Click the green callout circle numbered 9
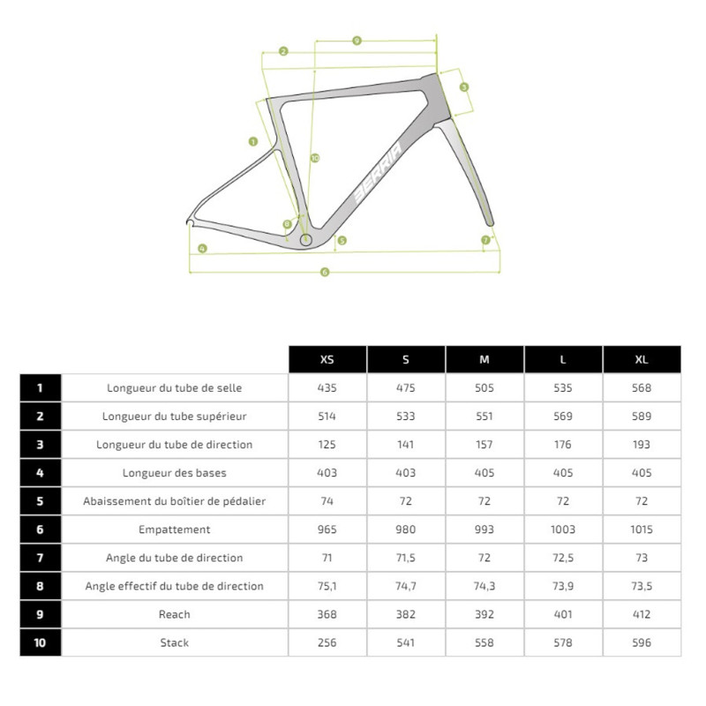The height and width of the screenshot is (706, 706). pyautogui.click(x=357, y=41)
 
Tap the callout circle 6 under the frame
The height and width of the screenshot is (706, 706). pyautogui.click(x=325, y=272)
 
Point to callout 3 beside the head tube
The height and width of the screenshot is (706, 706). pyautogui.click(x=464, y=86)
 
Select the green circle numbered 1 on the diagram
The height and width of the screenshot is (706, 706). pyautogui.click(x=253, y=141)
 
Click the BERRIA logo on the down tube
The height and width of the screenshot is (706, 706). pyautogui.click(x=377, y=172)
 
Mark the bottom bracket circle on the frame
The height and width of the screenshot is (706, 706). pyautogui.click(x=306, y=238)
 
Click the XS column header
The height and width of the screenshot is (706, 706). pyautogui.click(x=327, y=359)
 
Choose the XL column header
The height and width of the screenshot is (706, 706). pyautogui.click(x=642, y=359)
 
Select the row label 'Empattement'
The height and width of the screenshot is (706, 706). pyautogui.click(x=175, y=529)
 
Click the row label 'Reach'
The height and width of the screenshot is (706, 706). pyautogui.click(x=175, y=614)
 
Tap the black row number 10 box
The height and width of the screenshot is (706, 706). pyautogui.click(x=41, y=642)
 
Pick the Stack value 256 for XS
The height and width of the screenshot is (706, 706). pyautogui.click(x=327, y=642)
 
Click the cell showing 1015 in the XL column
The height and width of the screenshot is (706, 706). pyautogui.click(x=642, y=529)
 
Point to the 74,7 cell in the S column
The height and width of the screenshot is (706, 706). pyautogui.click(x=406, y=586)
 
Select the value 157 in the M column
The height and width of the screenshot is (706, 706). pyautogui.click(x=484, y=445)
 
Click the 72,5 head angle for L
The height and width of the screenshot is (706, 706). pyautogui.click(x=563, y=558)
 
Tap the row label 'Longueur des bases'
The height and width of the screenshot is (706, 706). pyautogui.click(x=175, y=473)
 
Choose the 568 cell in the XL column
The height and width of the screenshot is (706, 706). pyautogui.click(x=642, y=387)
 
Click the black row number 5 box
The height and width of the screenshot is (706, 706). pyautogui.click(x=41, y=501)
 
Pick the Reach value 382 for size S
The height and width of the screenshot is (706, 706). pyautogui.click(x=406, y=614)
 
